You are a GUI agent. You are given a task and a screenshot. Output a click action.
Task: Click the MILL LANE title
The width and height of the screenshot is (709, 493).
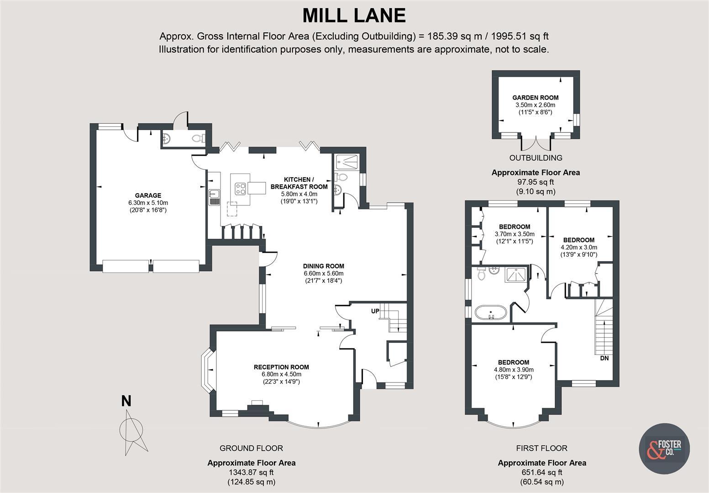coord(354,16)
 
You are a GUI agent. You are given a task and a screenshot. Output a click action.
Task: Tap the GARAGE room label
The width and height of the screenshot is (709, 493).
coord(148,195)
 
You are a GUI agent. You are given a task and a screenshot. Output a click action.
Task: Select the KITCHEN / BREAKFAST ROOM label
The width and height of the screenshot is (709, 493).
coord(299,183)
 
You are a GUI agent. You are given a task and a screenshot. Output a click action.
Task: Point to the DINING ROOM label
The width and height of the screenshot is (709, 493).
coord(324,266)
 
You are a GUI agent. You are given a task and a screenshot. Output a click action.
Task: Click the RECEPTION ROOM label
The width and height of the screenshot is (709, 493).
coord(281,367)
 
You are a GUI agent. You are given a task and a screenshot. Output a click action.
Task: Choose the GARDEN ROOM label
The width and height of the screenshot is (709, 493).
coord(536,98)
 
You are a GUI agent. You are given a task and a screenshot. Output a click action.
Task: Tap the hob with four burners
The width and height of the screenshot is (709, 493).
coord(240,189)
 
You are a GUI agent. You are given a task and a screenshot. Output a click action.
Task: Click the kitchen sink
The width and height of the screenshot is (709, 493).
coord(215,198)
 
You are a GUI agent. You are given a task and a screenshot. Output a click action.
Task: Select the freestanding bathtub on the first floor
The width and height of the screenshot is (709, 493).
coord(491,313)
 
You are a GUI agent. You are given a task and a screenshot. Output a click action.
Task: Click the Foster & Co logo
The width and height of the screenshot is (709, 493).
coord(664,449)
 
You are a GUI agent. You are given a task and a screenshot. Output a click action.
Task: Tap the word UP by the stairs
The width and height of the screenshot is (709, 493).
coord(375,311)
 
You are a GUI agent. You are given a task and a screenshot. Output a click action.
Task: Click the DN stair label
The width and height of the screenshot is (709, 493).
coord(604,358)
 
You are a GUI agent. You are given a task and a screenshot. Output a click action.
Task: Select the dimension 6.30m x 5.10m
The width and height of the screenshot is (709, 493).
coord(148,203)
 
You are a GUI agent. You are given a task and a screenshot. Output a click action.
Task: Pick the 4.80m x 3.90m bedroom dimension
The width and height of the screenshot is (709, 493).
coord(514,370)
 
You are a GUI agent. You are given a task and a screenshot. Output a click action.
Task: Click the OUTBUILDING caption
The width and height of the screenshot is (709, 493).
coord(536,157)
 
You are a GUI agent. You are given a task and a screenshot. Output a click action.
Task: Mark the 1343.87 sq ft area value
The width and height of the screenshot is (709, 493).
coord(251,472)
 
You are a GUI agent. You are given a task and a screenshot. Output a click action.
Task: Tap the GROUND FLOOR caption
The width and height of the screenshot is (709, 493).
coord(251,448)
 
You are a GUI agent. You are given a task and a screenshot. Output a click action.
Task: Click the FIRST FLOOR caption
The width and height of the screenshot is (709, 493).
coord(542,448)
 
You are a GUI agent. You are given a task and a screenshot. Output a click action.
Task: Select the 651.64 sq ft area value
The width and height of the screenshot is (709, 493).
coord(542,472)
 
